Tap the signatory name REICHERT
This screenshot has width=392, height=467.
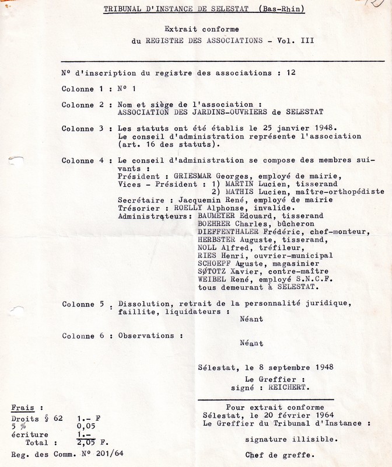click(x=289, y=388)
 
